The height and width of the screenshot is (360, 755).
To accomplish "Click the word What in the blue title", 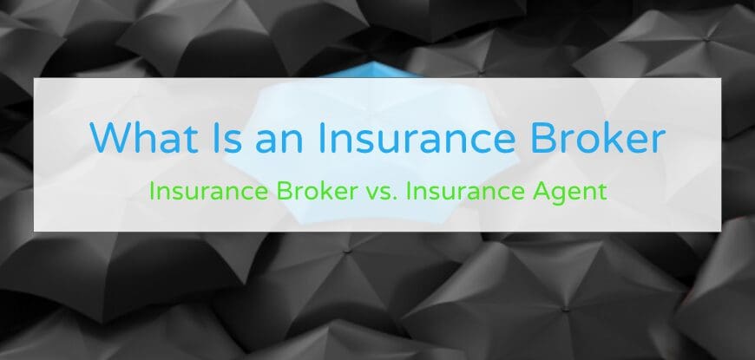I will tap(141, 139).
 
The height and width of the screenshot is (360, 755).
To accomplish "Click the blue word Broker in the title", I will tap(606, 139).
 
